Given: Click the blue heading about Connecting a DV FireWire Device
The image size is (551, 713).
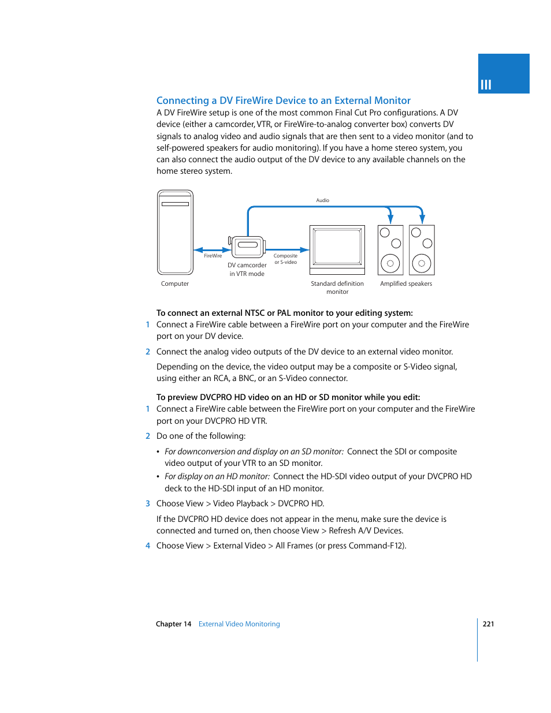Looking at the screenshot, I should (283, 100).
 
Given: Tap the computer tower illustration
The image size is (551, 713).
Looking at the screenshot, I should (175, 233).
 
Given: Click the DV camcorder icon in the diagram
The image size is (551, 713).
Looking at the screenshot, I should (247, 247).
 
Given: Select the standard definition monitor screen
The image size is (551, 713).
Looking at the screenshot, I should (337, 247).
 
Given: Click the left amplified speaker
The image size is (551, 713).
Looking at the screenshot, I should (390, 250).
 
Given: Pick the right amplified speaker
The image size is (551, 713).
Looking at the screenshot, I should (422, 250).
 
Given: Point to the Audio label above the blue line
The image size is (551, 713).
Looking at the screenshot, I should (322, 200).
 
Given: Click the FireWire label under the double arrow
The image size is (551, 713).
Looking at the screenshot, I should (213, 256).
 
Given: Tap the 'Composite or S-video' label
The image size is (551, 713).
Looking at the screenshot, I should (285, 259).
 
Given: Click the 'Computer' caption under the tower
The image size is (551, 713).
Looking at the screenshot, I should (175, 283).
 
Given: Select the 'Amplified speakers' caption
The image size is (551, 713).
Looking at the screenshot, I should (406, 283).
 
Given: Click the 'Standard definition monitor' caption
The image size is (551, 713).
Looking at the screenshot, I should (337, 288).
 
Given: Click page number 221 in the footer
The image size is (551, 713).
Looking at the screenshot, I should (488, 624).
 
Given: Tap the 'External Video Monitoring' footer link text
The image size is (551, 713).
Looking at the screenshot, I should (239, 624).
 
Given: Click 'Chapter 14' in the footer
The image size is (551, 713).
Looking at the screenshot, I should (173, 624).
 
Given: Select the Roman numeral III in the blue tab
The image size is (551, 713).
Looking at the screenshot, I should (486, 85).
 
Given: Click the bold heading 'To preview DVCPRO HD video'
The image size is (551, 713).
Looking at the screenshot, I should (288, 397).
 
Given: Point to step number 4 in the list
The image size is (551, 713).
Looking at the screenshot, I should (148, 546).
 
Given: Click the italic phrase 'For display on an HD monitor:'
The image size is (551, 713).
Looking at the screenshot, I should (217, 476).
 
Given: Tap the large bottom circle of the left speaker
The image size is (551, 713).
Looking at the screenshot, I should (390, 263).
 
